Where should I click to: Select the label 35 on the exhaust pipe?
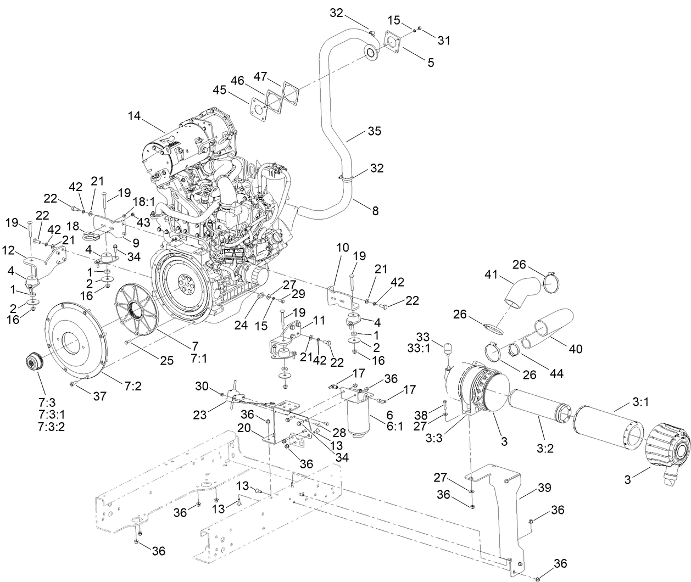[x=374, y=131]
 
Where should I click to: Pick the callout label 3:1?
[x=640, y=402]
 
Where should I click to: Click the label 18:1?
[x=143, y=202]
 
